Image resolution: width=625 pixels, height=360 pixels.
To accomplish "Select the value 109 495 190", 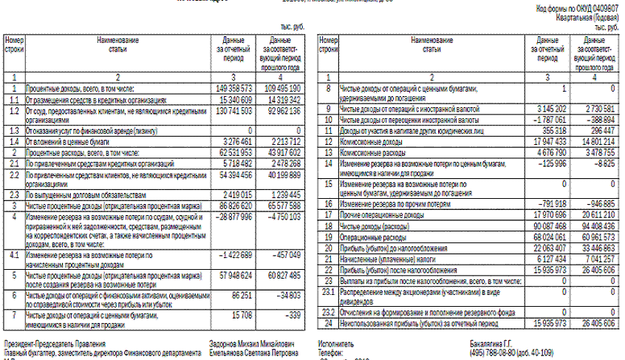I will click(x=279, y=87).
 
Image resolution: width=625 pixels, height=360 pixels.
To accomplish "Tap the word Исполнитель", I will click(x=336, y=344).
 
